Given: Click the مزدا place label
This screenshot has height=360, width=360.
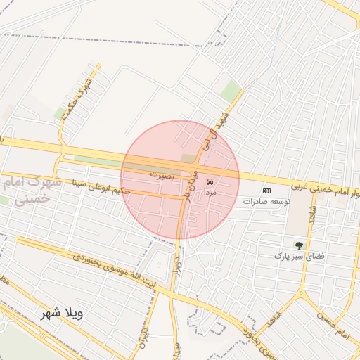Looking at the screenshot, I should [x=210, y=191].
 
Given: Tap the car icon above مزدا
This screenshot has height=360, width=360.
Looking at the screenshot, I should [x=210, y=181].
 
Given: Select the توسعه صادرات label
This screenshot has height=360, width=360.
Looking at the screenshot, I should [x=266, y=201].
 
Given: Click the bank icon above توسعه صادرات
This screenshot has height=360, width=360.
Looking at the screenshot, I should [x=266, y=191].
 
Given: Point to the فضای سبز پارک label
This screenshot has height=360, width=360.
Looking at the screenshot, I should [x=300, y=256].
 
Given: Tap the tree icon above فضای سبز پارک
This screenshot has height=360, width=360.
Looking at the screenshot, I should [x=300, y=245].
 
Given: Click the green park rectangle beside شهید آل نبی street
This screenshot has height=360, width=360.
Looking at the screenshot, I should [x=230, y=91].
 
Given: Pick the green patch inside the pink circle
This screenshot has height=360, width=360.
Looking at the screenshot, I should [x=187, y=159].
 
